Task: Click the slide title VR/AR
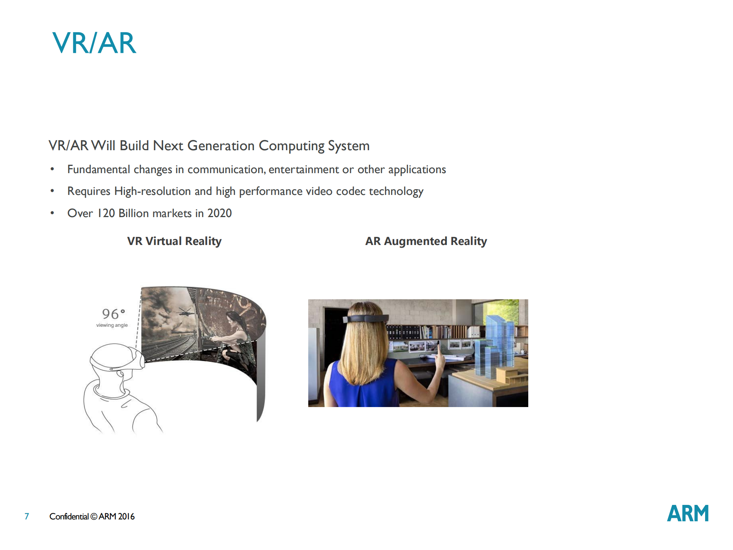tap(94, 43)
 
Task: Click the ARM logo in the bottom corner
tap(688, 513)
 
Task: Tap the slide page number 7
tap(27, 516)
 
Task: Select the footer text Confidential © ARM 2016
tap(92, 516)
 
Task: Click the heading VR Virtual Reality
tap(174, 241)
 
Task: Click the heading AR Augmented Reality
tap(426, 241)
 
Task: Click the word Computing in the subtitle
tap(291, 146)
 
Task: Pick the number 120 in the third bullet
tap(106, 213)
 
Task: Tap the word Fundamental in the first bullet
tap(99, 169)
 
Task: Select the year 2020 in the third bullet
tap(220, 213)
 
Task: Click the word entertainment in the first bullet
tap(304, 169)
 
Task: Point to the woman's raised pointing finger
tap(439, 348)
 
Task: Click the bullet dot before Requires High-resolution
tap(52, 191)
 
